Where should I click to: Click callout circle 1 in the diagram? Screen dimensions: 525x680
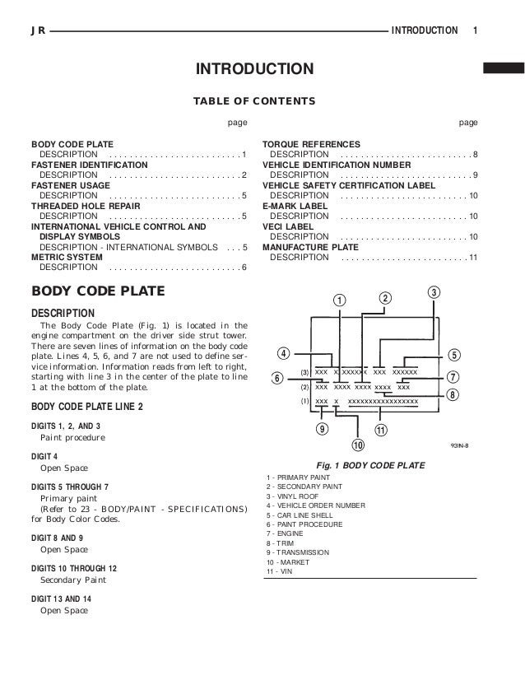pyautogui.click(x=339, y=299)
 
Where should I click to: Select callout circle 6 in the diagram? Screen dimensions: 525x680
pyautogui.click(x=277, y=378)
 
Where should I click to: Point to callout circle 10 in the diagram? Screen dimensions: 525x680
pyautogui.click(x=357, y=445)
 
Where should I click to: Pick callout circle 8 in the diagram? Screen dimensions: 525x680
pyautogui.click(x=453, y=395)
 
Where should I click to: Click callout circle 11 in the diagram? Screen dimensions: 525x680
pyautogui.click(x=381, y=431)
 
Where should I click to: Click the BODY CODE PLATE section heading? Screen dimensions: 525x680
pyautogui.click(x=98, y=291)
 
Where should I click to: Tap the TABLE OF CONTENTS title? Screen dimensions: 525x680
pyautogui.click(x=253, y=100)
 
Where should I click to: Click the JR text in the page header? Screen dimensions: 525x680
pyautogui.click(x=37, y=30)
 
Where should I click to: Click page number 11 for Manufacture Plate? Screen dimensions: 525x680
pyautogui.click(x=473, y=257)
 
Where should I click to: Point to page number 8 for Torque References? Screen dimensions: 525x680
pyautogui.click(x=476, y=154)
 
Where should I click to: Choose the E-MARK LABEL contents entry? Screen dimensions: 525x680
pyautogui.click(x=295, y=206)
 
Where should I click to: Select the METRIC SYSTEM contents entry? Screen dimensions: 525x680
pyautogui.click(x=67, y=257)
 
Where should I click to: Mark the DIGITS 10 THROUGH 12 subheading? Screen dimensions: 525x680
pyautogui.click(x=75, y=568)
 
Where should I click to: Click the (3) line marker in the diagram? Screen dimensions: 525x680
pyautogui.click(x=304, y=372)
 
